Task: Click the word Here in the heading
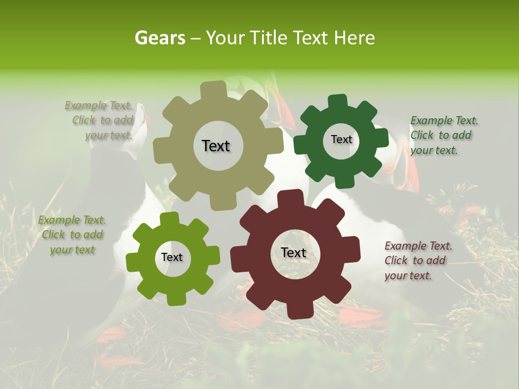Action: click(355, 38)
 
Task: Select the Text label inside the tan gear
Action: click(216, 146)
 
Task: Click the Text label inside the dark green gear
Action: click(341, 139)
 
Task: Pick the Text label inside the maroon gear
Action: click(294, 252)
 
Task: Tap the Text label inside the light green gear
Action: click(172, 257)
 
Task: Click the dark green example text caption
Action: click(444, 136)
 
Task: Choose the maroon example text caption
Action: click(418, 260)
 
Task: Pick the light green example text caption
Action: click(71, 234)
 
